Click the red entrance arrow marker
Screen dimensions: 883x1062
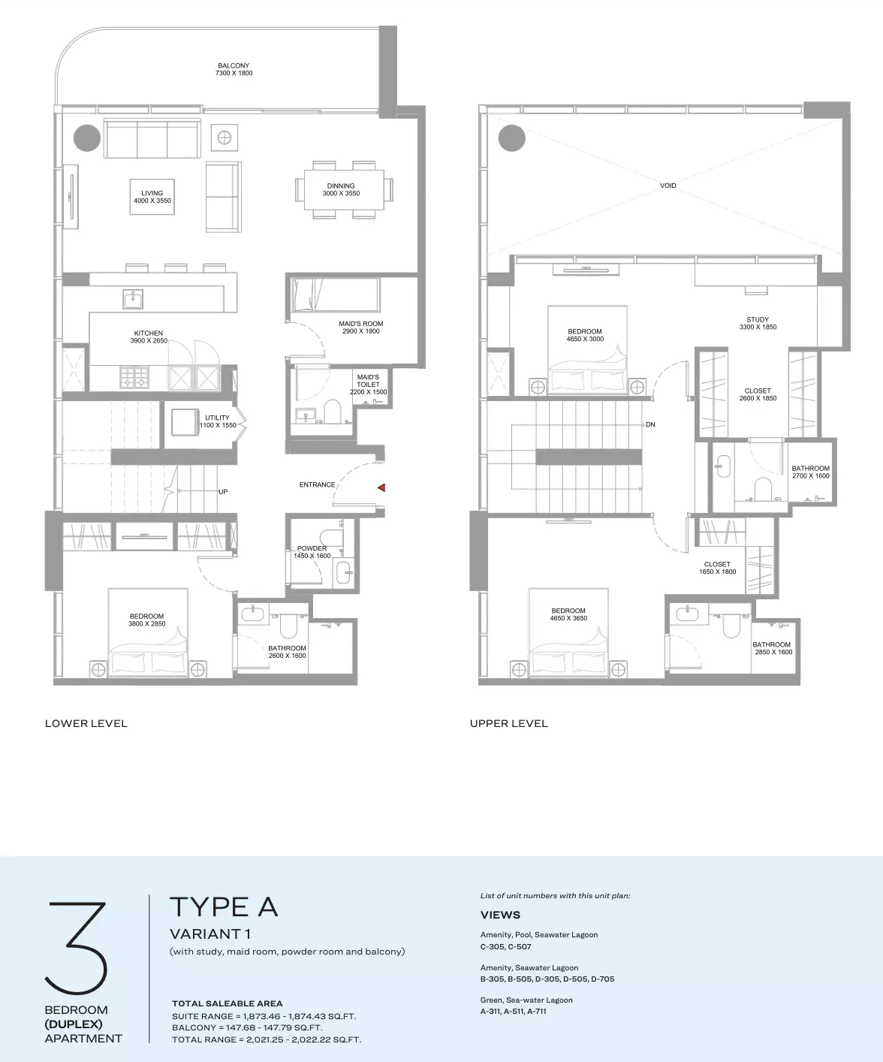click(x=381, y=487)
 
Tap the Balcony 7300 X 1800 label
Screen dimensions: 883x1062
click(x=234, y=69)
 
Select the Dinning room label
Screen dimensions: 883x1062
click(x=341, y=190)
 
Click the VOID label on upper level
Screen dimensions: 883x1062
click(x=668, y=186)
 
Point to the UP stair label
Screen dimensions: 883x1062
click(x=223, y=492)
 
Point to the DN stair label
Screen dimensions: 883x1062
click(x=650, y=424)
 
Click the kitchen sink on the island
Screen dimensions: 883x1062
click(x=133, y=299)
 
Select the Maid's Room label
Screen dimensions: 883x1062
click(x=361, y=327)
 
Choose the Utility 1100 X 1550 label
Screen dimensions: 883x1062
click(x=218, y=421)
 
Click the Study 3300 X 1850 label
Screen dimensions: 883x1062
click(x=758, y=324)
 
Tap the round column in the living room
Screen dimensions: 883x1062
click(x=87, y=138)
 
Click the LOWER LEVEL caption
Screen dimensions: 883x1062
click(x=86, y=723)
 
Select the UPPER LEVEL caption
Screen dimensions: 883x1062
click(x=508, y=723)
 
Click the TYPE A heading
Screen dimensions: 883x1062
click(x=224, y=907)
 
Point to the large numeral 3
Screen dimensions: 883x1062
click(x=77, y=948)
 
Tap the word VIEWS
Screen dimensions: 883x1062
click(x=501, y=915)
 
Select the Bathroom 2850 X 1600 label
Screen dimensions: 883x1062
click(x=772, y=648)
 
